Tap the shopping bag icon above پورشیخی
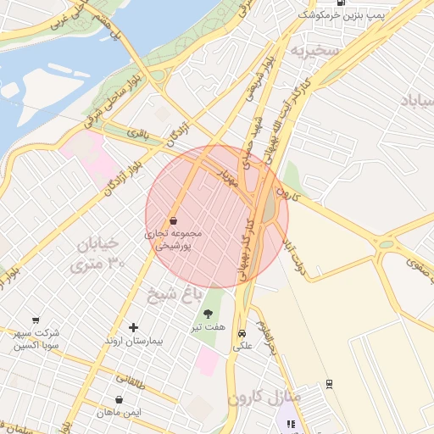click(x=173, y=220)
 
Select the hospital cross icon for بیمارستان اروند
click(x=132, y=327)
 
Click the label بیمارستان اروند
click(x=132, y=341)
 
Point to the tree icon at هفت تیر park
click(x=208, y=314)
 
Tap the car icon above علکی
click(x=242, y=333)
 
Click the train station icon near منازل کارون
click(x=329, y=383)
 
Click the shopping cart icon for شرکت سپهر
click(x=36, y=320)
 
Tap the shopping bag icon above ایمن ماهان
click(x=120, y=399)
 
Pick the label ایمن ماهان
click(x=119, y=413)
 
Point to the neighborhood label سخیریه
click(x=316, y=51)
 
